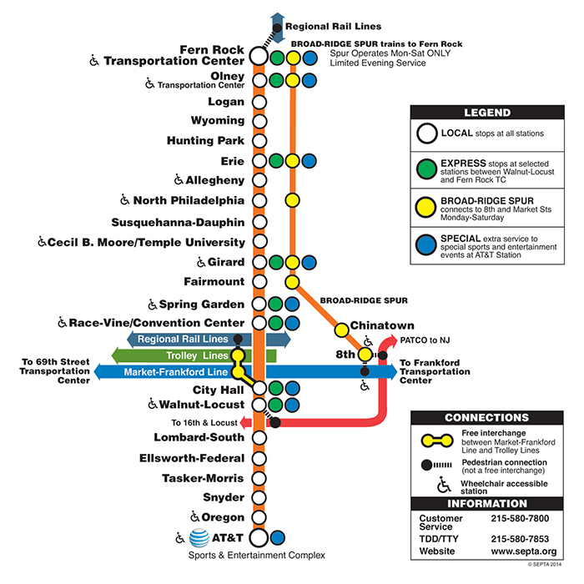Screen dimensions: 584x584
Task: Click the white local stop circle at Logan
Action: tap(259, 102)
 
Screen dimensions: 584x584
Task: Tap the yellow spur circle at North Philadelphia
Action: tap(292, 200)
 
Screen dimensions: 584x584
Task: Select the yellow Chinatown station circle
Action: tap(341, 330)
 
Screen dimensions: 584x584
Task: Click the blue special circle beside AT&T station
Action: tap(277, 537)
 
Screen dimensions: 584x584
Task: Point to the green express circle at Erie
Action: tap(276, 161)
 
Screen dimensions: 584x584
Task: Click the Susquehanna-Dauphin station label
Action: tap(178, 223)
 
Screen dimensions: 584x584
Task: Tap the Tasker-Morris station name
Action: tap(203, 478)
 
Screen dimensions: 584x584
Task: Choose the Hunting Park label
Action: tap(205, 140)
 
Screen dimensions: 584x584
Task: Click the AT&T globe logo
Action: tap(199, 538)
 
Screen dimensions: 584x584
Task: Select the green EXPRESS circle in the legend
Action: tap(426, 169)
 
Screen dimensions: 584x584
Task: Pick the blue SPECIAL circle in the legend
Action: tap(426, 244)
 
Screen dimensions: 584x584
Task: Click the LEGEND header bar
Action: tap(487, 113)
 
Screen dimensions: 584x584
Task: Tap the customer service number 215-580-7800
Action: tap(520, 518)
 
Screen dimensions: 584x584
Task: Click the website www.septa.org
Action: tap(524, 551)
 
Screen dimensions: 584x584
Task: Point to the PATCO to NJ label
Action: tap(425, 340)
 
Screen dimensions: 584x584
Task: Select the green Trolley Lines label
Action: tap(197, 355)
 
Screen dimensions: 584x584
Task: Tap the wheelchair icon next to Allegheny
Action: tap(179, 179)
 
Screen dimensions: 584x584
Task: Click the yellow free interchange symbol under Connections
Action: tap(437, 441)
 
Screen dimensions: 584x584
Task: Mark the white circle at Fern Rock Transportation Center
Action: tap(259, 56)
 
